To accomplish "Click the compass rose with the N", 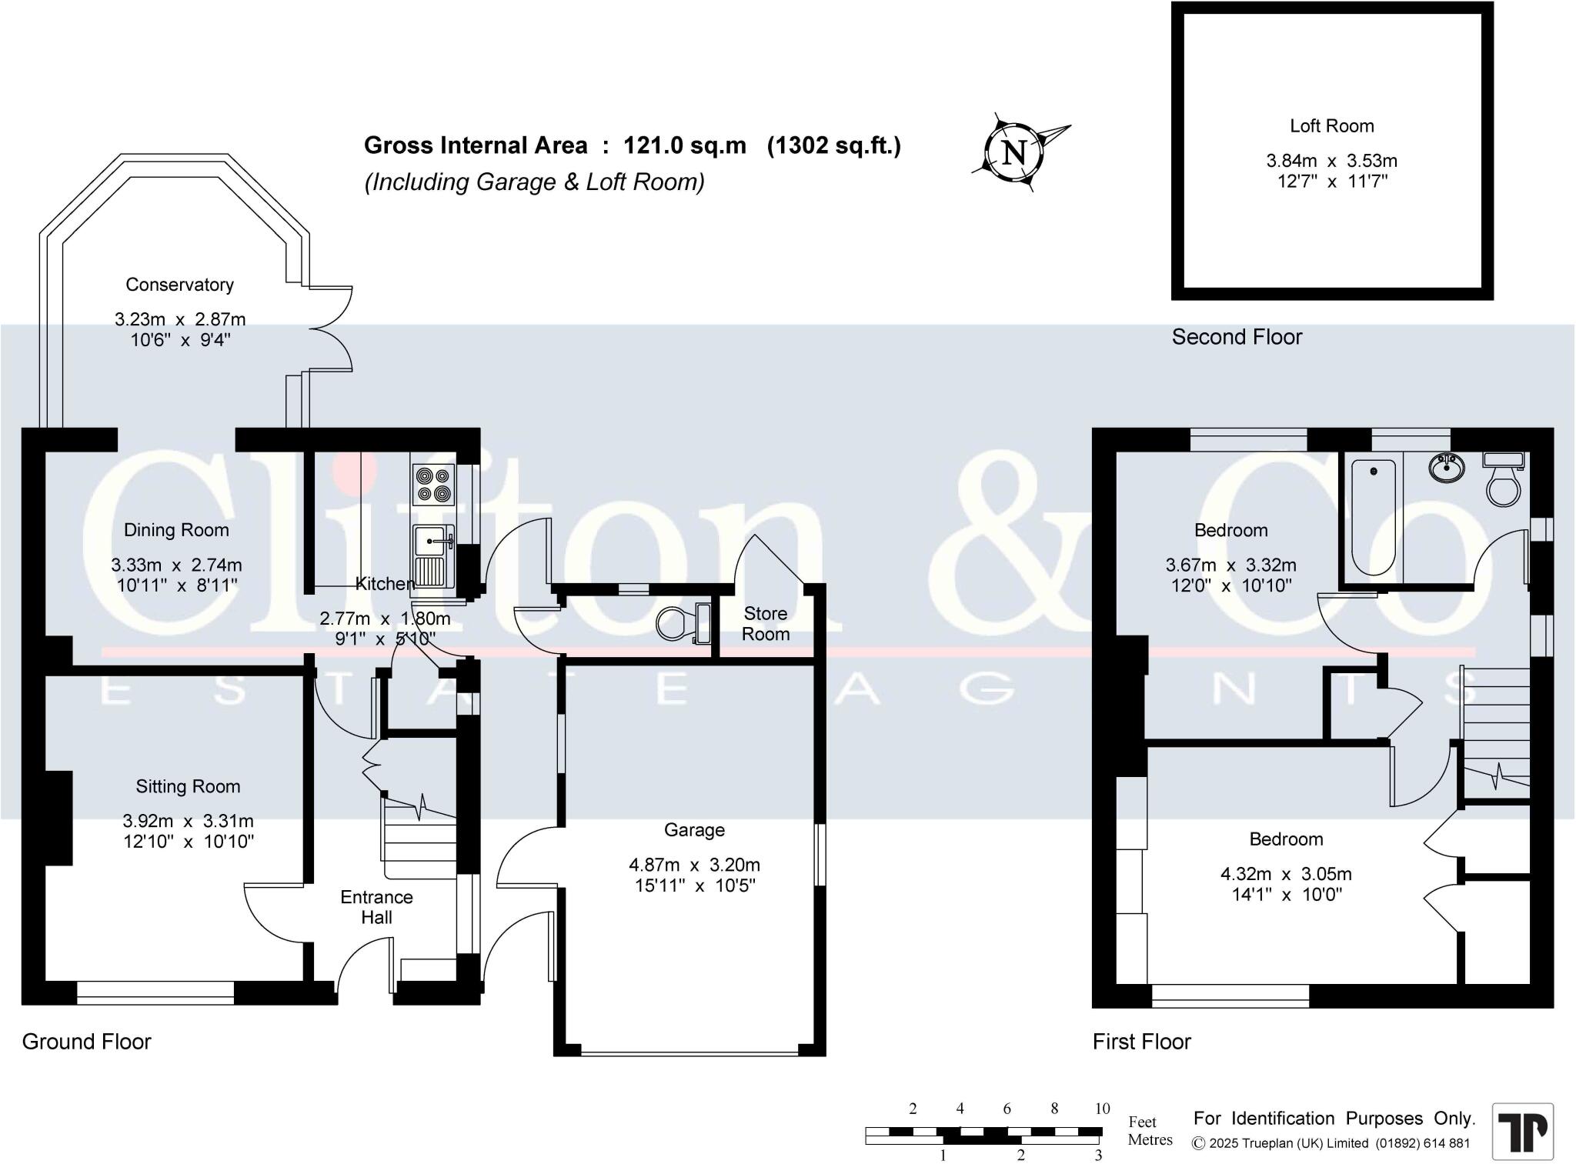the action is (1016, 152).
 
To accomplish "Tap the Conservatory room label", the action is (179, 285).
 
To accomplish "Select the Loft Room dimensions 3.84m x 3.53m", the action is (1331, 161).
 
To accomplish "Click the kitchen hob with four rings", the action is (433, 485).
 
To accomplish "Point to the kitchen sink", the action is (434, 555).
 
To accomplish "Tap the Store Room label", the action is (766, 624).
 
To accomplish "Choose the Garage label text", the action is (694, 830).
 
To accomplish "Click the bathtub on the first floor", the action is (1373, 517).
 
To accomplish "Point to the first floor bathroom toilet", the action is (1504, 479).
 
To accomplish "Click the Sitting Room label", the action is (188, 786).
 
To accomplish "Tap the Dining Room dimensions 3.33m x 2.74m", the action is (176, 565).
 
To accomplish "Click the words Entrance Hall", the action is (376, 907).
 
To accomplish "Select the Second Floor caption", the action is (1237, 337).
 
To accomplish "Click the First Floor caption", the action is (1142, 1042).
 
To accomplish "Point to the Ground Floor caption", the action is (86, 1042).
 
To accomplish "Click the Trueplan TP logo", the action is (1523, 1132).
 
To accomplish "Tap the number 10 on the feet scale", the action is (1102, 1109).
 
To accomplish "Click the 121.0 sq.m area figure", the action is (685, 145).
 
